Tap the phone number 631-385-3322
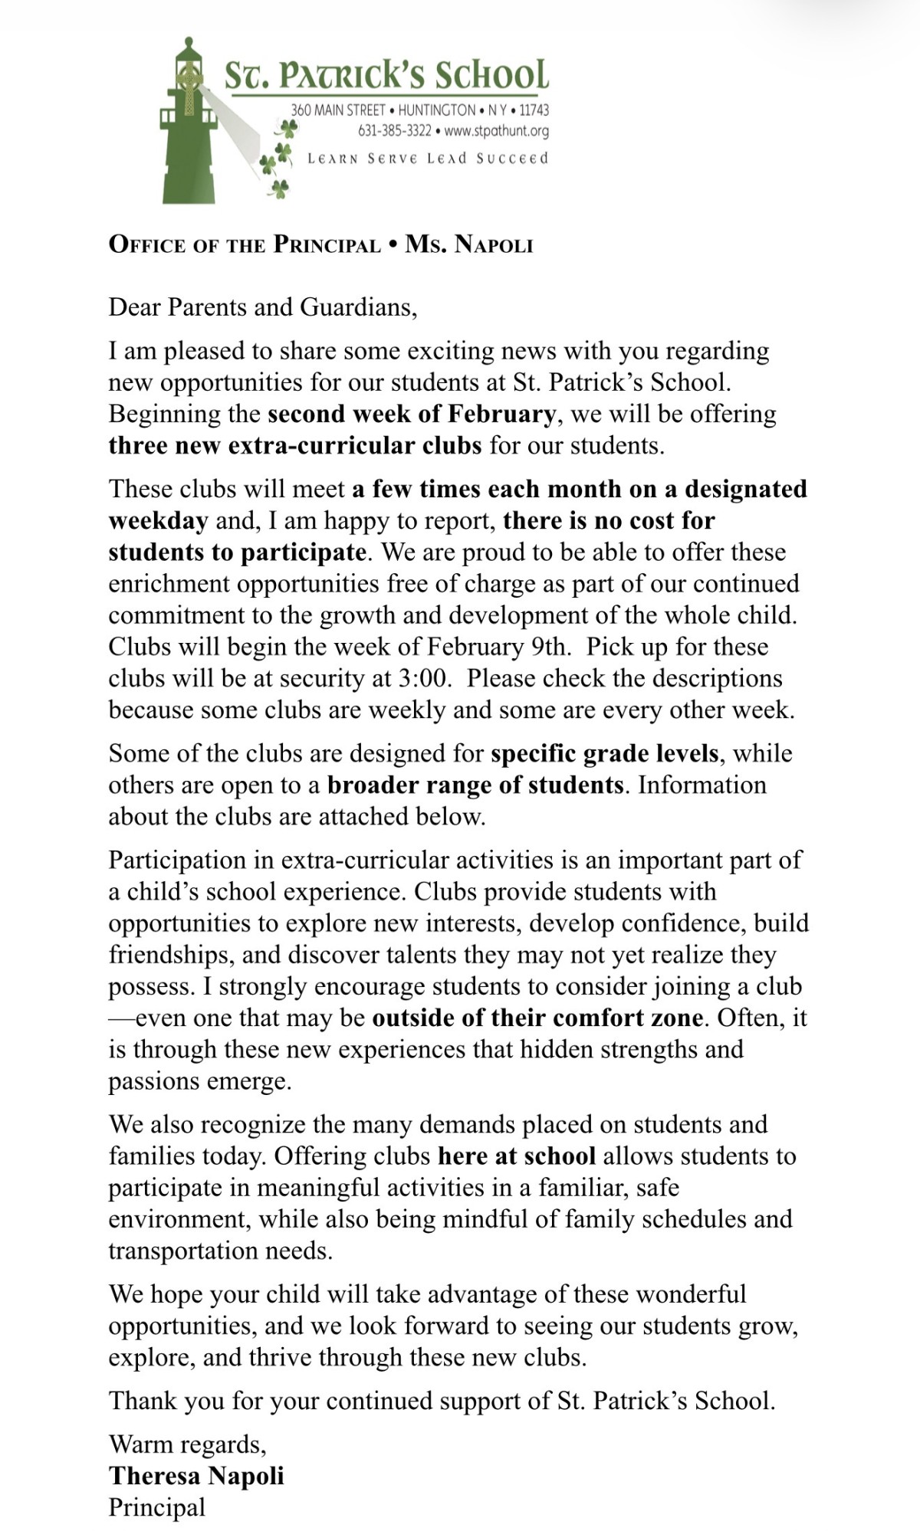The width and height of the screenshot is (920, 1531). (x=394, y=131)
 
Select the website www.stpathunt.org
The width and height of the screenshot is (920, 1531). (x=497, y=131)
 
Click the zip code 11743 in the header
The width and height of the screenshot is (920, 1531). (x=534, y=110)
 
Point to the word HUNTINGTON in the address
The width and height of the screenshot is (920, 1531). (x=436, y=110)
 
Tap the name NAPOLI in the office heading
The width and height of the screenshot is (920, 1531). (x=494, y=245)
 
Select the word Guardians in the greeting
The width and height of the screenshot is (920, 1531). (x=358, y=307)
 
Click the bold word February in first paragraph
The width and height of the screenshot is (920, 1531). (x=501, y=414)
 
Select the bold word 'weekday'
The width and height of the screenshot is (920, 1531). (x=158, y=521)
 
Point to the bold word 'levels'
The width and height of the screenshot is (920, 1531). (x=686, y=754)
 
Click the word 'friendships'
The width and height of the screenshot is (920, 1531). (x=172, y=955)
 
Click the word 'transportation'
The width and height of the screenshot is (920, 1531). (x=183, y=1251)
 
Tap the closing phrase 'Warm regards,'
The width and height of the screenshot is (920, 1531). (x=187, y=1444)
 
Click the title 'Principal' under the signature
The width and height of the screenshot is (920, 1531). (x=157, y=1507)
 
